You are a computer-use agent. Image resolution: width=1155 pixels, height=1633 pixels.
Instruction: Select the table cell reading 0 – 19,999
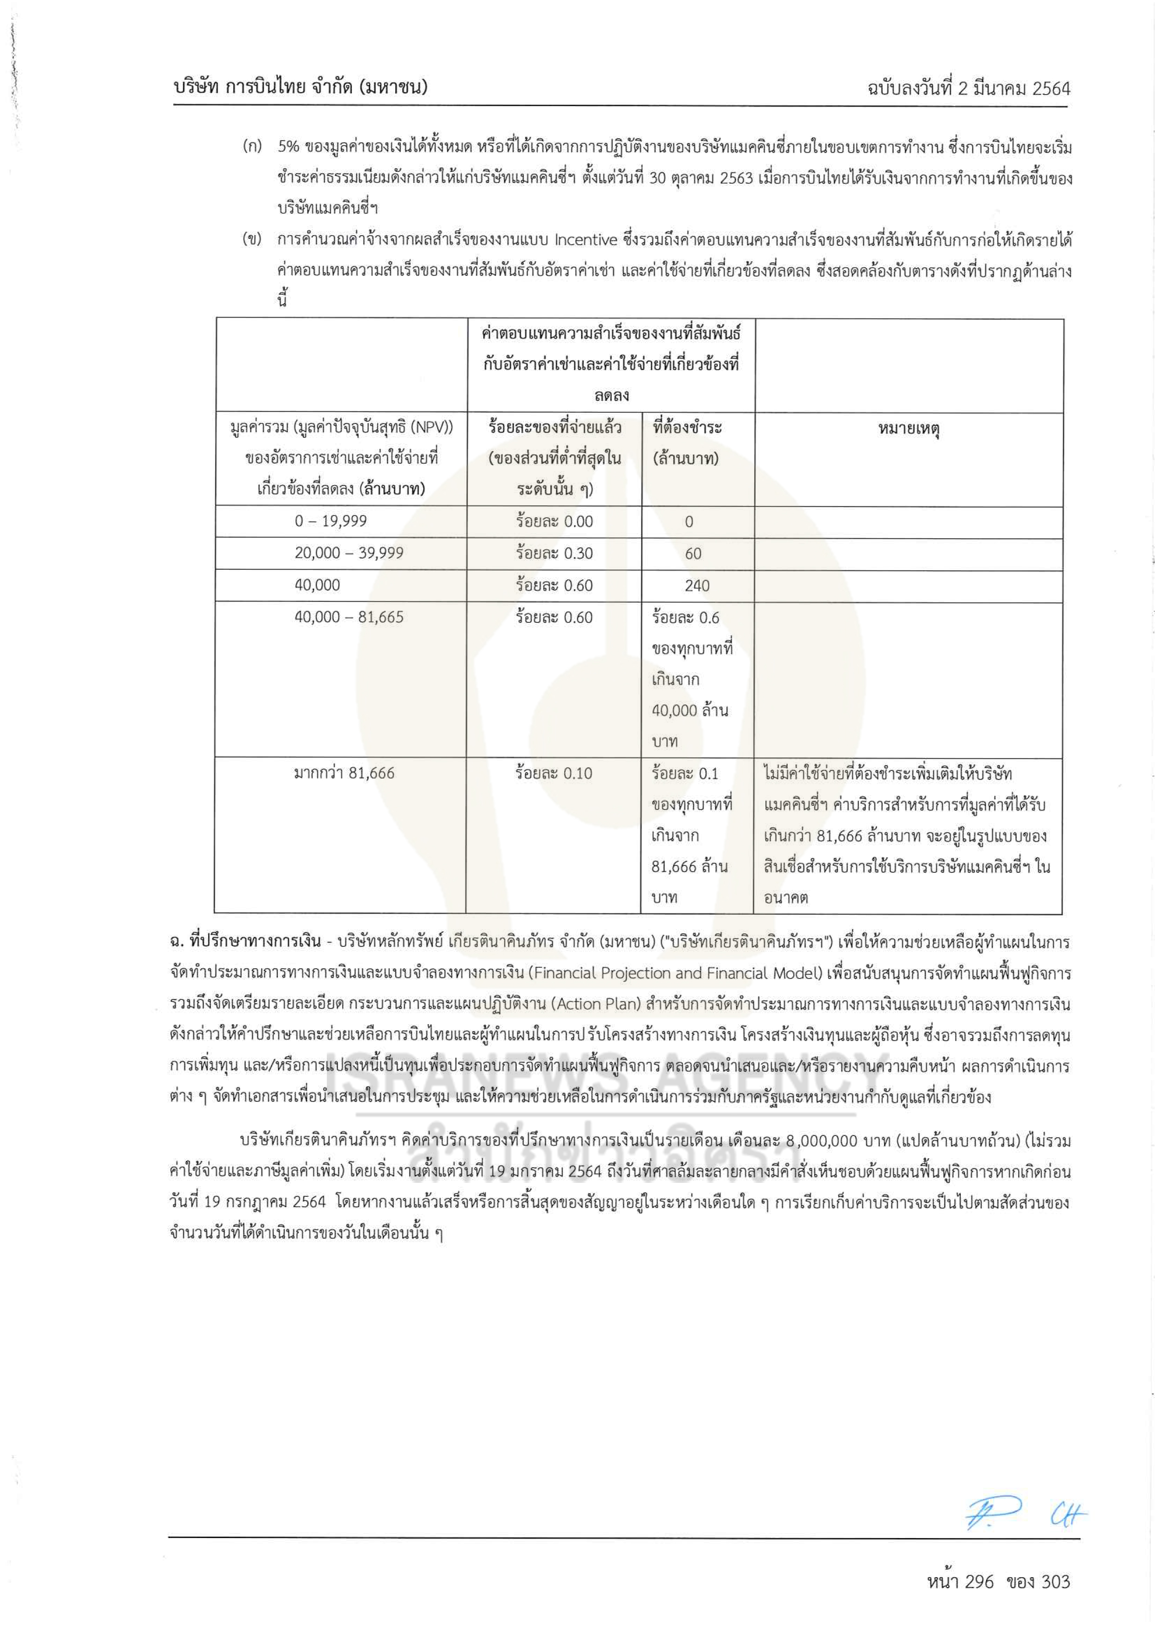pos(331,521)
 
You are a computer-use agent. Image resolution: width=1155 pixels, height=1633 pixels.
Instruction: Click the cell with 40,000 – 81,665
pos(349,617)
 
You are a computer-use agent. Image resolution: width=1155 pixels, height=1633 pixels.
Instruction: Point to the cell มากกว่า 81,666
pos(344,773)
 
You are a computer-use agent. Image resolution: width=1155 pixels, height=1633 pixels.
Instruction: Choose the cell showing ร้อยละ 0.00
pos(554,521)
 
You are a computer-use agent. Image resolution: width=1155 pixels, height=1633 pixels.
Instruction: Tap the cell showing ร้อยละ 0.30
pos(554,553)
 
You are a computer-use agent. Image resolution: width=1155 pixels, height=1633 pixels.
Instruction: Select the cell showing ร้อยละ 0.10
pos(554,773)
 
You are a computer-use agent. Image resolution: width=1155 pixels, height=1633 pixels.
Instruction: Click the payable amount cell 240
pos(696,585)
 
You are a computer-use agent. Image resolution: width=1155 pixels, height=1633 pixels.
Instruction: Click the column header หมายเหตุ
pos(908,429)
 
